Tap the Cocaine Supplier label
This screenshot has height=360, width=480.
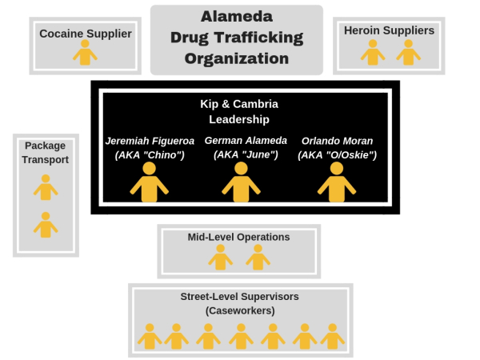click(x=86, y=34)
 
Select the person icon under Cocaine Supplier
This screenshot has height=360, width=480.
click(x=85, y=53)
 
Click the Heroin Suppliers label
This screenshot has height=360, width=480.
click(x=389, y=30)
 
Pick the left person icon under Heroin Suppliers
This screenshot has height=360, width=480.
click(x=371, y=52)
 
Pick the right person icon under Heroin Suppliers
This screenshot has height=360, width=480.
click(x=408, y=52)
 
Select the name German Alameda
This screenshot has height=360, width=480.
click(x=240, y=141)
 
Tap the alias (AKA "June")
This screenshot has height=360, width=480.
click(x=240, y=155)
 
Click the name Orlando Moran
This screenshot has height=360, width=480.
click(x=337, y=141)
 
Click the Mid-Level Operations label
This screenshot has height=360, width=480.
click(x=238, y=237)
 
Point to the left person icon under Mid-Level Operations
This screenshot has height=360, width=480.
click(x=220, y=257)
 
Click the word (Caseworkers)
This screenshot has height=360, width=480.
click(x=239, y=310)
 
